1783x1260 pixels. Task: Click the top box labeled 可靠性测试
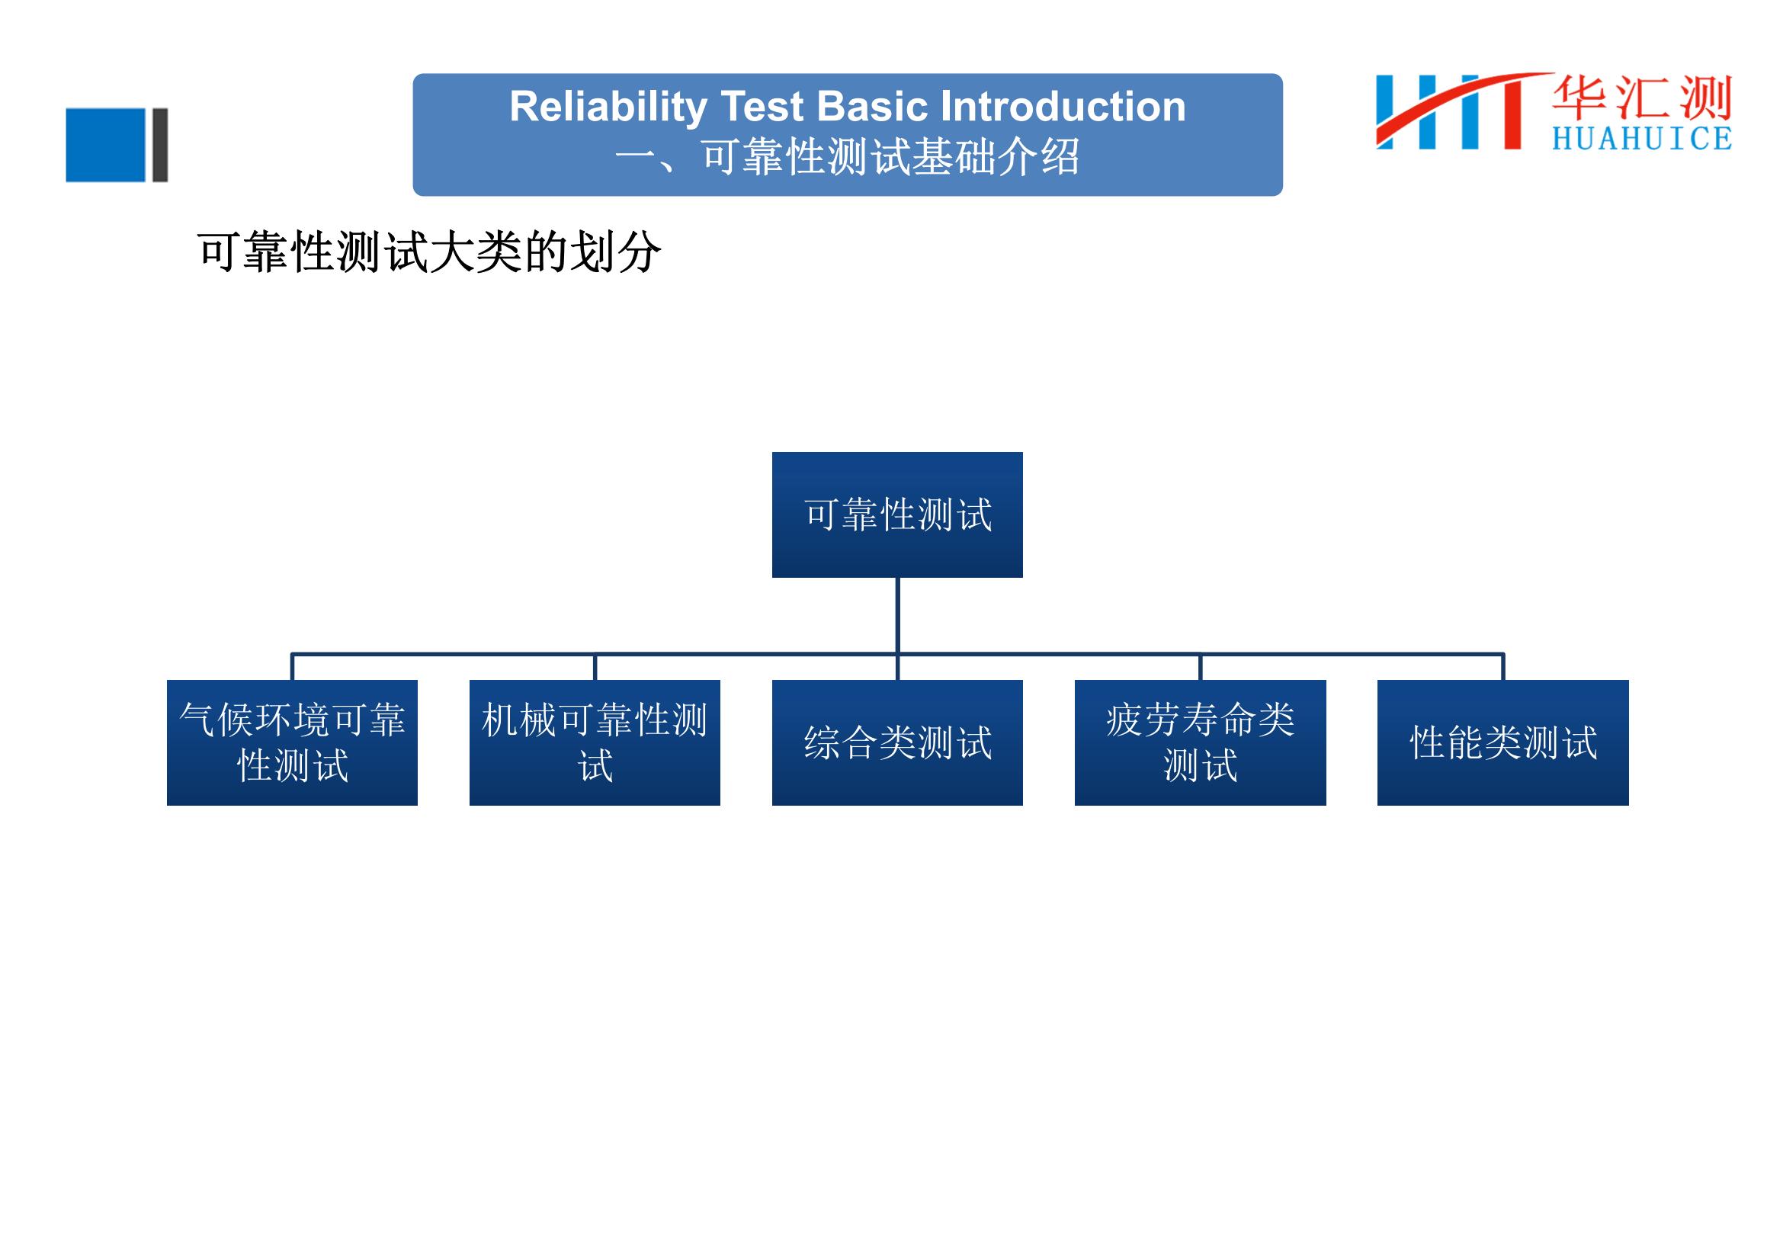(897, 515)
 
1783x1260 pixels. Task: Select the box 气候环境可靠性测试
(292, 743)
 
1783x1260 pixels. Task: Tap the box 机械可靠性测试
(595, 743)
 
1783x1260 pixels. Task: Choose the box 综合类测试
(897, 743)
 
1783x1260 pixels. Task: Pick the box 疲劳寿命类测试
(1201, 743)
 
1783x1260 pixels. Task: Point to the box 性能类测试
(1503, 743)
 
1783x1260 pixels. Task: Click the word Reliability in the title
(608, 107)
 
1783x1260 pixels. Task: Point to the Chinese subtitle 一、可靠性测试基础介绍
(847, 157)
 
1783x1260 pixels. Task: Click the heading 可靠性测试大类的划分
(429, 252)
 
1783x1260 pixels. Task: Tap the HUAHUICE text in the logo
(1642, 138)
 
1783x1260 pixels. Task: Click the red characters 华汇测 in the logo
(1642, 98)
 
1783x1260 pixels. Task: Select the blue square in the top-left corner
(106, 145)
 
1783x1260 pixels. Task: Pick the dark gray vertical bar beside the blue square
(160, 145)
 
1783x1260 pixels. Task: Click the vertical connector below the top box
(898, 616)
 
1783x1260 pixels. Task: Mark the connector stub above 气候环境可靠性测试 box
(292, 667)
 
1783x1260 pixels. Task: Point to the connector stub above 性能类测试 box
(1503, 667)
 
